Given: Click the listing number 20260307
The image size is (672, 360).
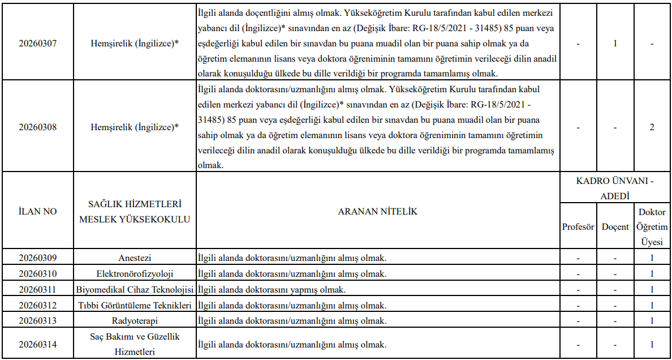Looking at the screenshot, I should [38, 43].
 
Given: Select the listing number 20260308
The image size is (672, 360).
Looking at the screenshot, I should [38, 127].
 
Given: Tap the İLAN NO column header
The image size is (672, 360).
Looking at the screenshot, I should [38, 211].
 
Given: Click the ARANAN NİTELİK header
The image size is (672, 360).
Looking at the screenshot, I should [377, 211].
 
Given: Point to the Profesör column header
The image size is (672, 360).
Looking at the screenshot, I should [578, 226].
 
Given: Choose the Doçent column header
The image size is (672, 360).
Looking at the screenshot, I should [615, 226].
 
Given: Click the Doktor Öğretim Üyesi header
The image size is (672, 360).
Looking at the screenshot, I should [652, 226].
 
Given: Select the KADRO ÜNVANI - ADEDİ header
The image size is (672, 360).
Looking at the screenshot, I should [615, 188].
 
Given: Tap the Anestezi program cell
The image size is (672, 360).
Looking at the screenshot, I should [135, 258].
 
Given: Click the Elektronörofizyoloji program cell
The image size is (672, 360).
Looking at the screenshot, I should [135, 274].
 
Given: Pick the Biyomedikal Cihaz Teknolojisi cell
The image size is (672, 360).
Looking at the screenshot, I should [135, 290].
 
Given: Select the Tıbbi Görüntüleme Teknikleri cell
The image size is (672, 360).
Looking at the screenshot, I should [135, 306].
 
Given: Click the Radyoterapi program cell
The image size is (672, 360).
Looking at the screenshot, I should [135, 321].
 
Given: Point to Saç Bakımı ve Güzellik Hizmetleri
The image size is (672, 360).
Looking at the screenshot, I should [135, 344].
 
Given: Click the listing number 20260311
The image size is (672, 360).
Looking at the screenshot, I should [38, 290].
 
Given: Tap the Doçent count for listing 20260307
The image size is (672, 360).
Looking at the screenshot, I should [615, 43].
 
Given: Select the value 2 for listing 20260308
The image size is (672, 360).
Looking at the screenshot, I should [652, 127].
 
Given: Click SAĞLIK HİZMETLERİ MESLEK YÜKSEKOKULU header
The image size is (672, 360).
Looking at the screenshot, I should [135, 211].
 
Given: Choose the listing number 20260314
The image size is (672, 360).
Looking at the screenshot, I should [38, 344].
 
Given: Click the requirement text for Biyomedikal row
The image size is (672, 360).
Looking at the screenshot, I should [272, 290].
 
